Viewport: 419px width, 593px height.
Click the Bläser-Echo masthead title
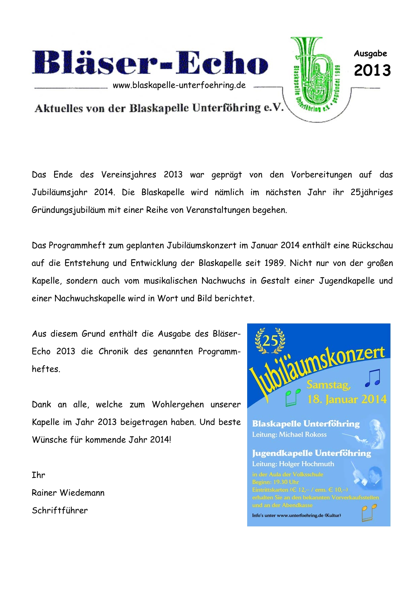coord(150,62)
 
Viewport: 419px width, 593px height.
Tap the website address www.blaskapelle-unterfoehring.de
coord(179,85)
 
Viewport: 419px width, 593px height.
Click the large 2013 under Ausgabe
coord(372,70)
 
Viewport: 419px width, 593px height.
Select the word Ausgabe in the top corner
coord(370,54)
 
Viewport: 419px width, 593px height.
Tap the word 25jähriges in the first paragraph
coord(371,192)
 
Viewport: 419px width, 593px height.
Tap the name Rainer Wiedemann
coord(68,493)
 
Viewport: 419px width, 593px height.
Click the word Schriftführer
coord(60,511)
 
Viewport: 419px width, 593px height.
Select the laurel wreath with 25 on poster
coord(270,340)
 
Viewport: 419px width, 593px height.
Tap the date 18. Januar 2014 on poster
coord(347,399)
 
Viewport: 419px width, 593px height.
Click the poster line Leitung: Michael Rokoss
coord(289,434)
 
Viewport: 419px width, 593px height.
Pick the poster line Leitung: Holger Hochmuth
coord(293,464)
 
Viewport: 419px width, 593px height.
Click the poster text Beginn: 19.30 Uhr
coord(275,482)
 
